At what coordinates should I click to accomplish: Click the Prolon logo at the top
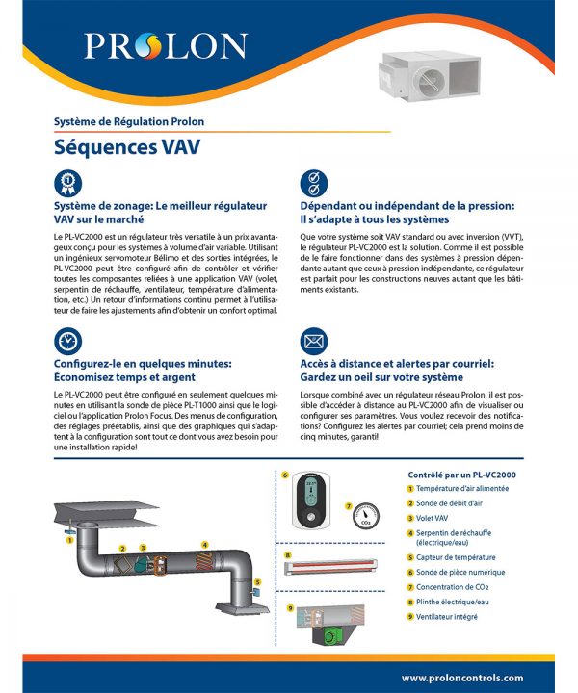pos(165,45)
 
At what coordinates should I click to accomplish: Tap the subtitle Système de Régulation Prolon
pos(128,122)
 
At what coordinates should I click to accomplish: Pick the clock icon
pos(68,341)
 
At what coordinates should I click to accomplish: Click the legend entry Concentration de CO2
pos(452,586)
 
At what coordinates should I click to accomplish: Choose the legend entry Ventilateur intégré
pos(446,615)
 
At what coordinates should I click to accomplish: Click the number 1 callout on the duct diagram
pos(69,540)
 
